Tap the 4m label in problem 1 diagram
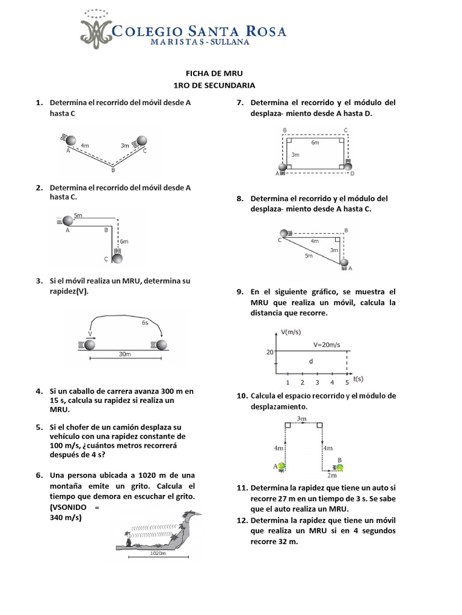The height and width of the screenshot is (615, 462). [x=85, y=145]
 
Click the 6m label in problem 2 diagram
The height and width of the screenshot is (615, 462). [x=124, y=241]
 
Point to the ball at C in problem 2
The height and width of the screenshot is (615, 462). [x=117, y=258]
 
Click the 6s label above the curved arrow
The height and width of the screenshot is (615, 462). [x=146, y=323]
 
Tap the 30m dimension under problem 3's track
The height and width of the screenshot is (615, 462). [x=125, y=354]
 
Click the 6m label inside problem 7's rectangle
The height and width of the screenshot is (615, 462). [x=315, y=143]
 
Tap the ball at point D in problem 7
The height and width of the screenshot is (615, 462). [x=348, y=166]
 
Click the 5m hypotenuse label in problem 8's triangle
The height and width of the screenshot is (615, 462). [x=308, y=256]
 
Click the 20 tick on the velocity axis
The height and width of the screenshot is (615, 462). [x=270, y=353]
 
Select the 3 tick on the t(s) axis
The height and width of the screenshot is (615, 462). [x=317, y=383]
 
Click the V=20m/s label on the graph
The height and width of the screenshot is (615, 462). [x=326, y=345]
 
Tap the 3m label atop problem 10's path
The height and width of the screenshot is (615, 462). [x=302, y=418]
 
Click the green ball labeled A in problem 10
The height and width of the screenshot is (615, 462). [x=281, y=465]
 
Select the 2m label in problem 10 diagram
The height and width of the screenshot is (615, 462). [x=332, y=476]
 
